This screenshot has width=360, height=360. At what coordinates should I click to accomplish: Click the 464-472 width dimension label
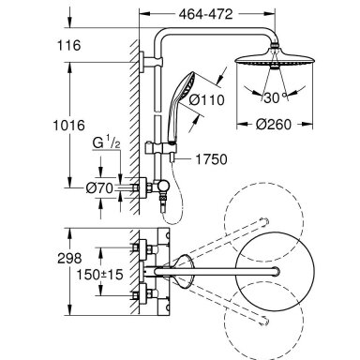tap(206, 14)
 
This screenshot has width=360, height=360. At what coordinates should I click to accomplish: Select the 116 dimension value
tap(68, 45)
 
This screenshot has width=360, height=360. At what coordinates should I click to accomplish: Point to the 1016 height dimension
tap(68, 126)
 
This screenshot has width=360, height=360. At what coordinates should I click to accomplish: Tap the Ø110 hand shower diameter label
tap(207, 100)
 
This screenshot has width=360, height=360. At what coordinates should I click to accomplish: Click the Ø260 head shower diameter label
tap(274, 125)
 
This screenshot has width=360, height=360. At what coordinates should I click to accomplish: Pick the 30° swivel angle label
tap(275, 97)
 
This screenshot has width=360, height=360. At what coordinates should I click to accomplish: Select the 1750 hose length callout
tap(211, 159)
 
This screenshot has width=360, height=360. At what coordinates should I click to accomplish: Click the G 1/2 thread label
tap(106, 142)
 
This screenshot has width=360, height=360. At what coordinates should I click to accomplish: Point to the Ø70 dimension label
tap(99, 188)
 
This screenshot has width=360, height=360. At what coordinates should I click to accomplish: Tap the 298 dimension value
tap(69, 258)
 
